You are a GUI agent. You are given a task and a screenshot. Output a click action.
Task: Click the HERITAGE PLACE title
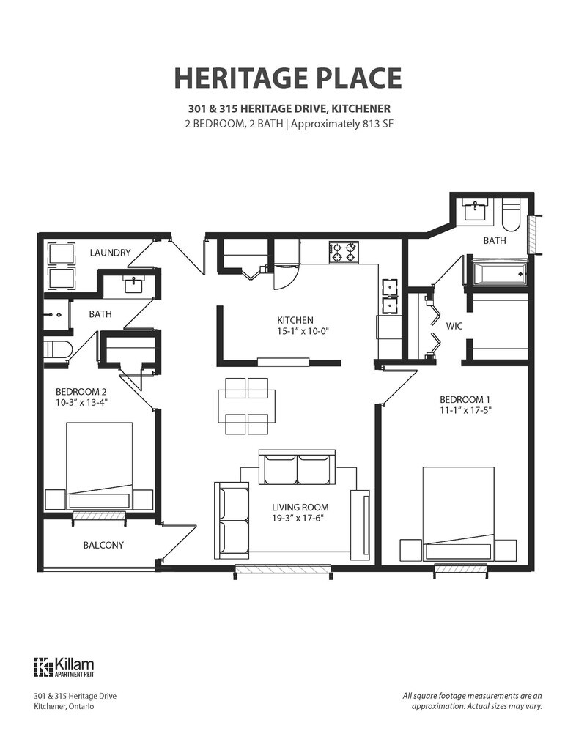pos(287,77)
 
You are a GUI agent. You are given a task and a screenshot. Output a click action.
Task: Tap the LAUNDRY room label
pos(110,253)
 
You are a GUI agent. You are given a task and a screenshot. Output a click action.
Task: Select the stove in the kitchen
pos(343,252)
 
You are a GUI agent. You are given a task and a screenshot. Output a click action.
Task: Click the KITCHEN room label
pos(295,320)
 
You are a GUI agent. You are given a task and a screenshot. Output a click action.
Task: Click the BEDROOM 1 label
pos(465,399)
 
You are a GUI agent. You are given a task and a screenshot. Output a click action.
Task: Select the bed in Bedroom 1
pos(459,513)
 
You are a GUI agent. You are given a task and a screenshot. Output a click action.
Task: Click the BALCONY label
pos(103,545)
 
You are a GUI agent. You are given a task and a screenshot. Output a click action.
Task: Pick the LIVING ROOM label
pos(300,507)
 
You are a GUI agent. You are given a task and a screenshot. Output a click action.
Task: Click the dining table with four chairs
pos(247,405)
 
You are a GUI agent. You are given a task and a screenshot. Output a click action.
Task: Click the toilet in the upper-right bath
pos(511,213)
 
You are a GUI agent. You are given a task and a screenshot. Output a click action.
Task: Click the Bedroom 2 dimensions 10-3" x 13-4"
pos(84,401)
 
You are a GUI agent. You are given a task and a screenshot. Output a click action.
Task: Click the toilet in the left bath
pos(56,349)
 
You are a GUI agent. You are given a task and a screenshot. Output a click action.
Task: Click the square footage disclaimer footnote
pos(472,701)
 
